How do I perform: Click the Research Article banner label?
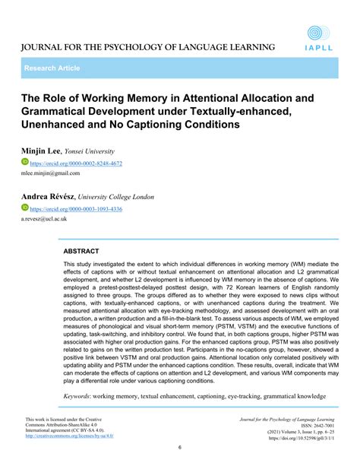52,68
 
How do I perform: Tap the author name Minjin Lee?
42,151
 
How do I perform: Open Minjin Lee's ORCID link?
76,163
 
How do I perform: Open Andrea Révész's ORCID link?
76,209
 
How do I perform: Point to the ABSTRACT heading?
81,250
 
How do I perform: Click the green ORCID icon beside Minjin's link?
24,163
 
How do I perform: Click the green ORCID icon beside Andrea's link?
24,208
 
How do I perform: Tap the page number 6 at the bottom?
179,448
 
